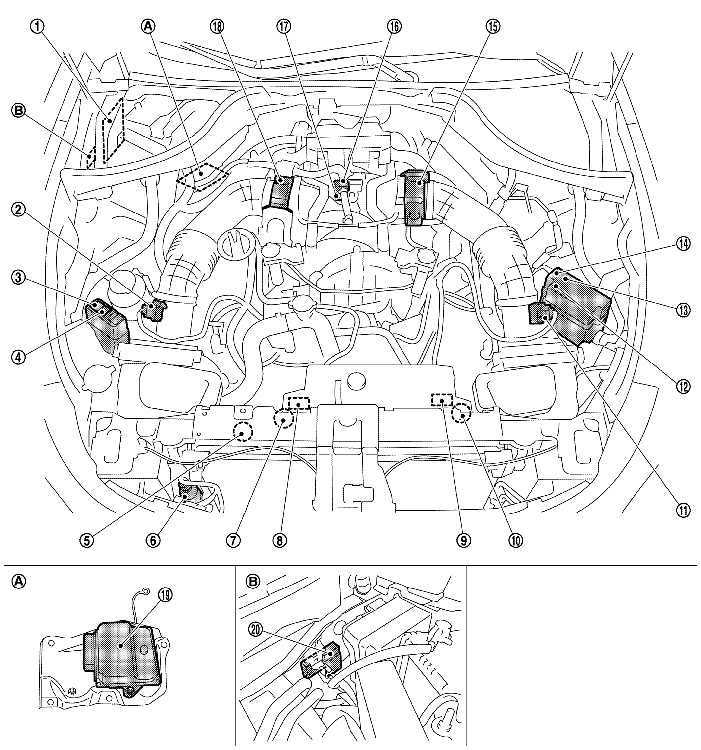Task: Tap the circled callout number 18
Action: (x=218, y=26)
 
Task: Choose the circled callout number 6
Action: (x=154, y=540)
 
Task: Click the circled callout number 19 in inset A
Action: (x=166, y=595)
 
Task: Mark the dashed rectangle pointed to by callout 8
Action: (x=299, y=403)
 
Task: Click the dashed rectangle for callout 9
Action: (x=442, y=400)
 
